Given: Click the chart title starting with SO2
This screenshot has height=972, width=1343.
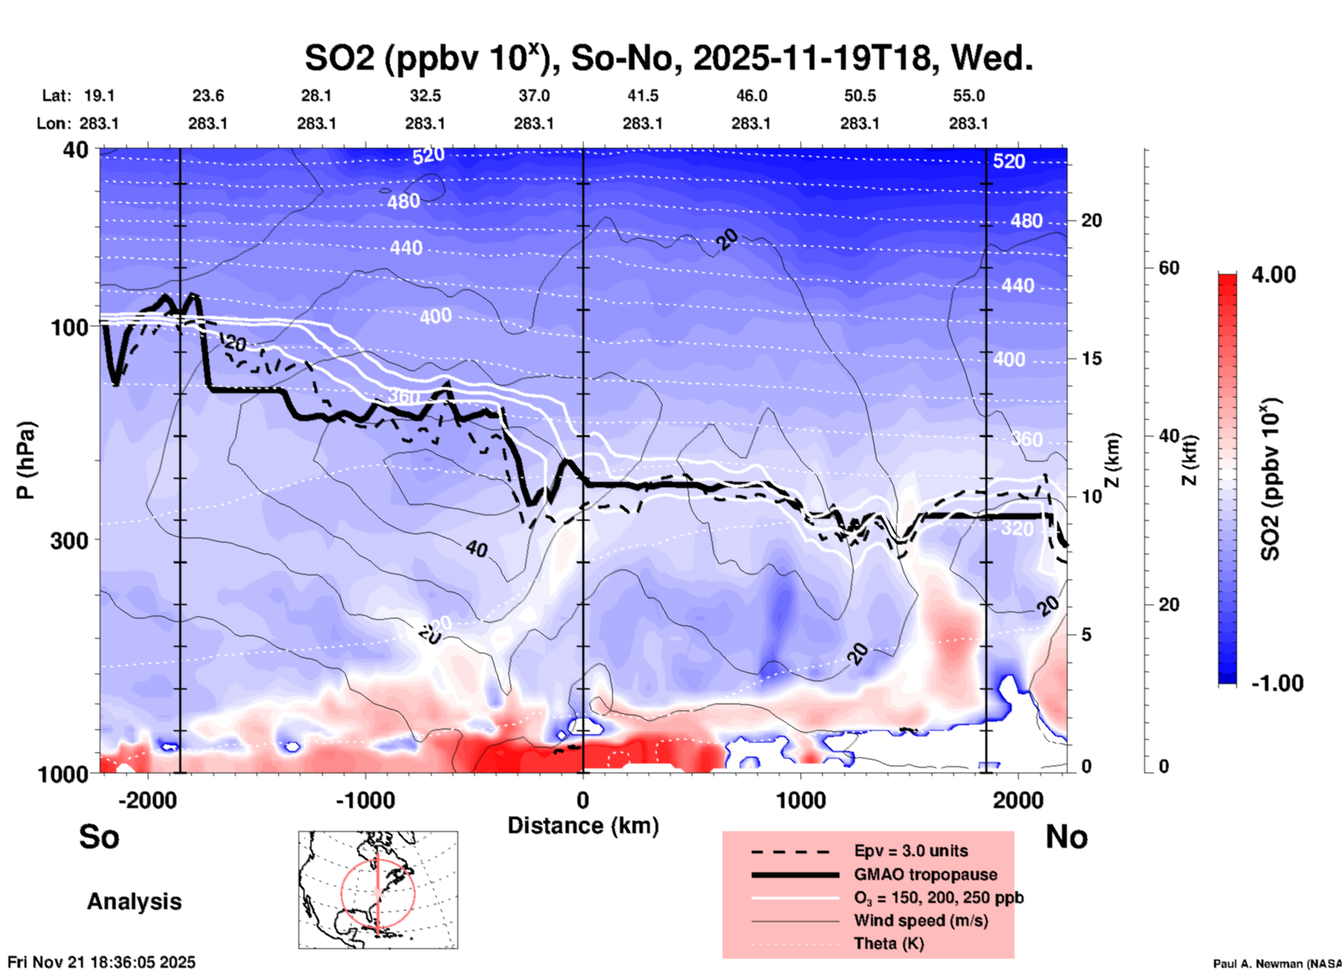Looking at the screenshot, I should coord(668,59).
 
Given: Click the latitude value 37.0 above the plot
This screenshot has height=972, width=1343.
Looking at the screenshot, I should coord(533,96).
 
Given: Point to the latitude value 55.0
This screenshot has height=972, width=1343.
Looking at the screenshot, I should coord(968,96).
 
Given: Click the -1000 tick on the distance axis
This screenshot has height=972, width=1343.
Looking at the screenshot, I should coord(365,800).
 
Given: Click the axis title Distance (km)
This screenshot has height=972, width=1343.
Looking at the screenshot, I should coord(583,826).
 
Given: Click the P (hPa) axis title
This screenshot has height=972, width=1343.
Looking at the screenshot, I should coord(26,460).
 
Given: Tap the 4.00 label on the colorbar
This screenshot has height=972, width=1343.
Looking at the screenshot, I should coord(1273,275).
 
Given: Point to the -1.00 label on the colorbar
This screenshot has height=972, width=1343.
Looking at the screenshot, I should coord(1277,683).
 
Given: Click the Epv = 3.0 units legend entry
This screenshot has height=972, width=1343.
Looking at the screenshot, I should coord(910,851).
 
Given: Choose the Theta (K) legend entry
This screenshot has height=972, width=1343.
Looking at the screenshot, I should coord(888,943).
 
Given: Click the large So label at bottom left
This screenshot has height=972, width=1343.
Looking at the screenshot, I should coord(99,837).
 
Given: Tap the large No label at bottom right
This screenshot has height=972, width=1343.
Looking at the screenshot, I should coord(1066,837).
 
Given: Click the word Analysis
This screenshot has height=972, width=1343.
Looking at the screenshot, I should coord(134,902).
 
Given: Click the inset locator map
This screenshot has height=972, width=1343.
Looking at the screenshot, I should coord(378,889).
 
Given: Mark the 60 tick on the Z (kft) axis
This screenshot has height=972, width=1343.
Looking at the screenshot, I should coord(1169,268).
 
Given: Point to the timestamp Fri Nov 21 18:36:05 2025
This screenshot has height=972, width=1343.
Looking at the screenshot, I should coord(102,962).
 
